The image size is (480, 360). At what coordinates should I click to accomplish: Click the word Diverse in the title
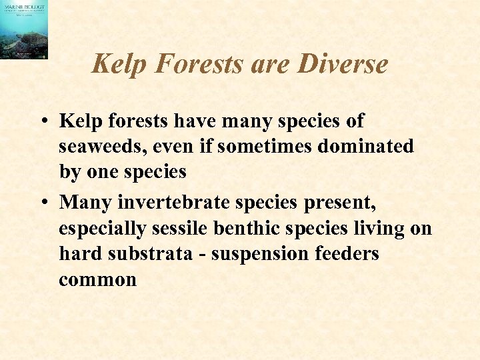click(343, 64)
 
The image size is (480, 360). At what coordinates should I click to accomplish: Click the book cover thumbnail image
click(24, 30)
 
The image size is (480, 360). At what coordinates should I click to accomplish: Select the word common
click(97, 279)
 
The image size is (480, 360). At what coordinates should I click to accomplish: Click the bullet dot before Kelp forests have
click(42, 122)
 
